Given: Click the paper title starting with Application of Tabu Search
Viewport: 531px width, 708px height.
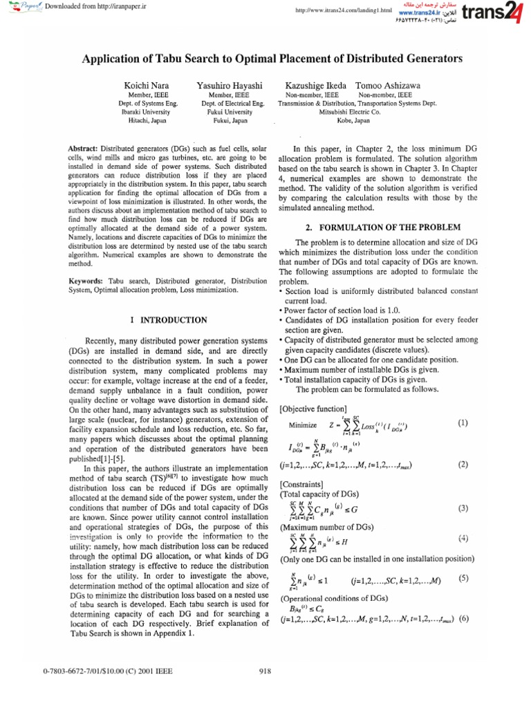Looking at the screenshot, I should point(272,59).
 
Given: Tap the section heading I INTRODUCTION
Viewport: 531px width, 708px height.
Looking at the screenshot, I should point(169,320).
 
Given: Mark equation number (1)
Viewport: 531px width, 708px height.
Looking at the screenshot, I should point(463,421).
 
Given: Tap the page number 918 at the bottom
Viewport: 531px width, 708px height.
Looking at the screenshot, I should point(264,670).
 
